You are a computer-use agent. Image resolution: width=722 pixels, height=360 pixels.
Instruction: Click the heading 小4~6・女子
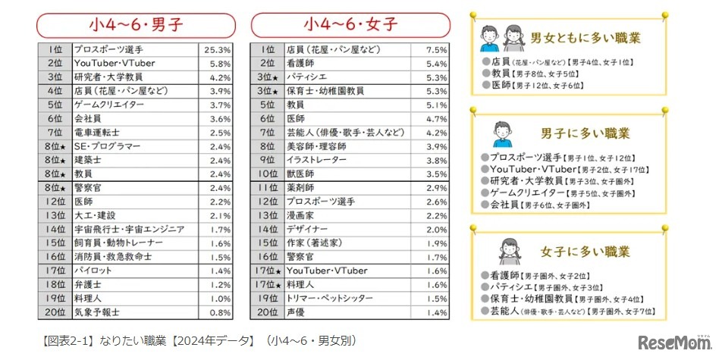tap(350, 24)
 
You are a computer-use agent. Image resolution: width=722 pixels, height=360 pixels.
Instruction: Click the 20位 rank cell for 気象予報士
tap(55, 311)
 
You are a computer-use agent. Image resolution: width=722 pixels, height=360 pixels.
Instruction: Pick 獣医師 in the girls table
tap(303, 174)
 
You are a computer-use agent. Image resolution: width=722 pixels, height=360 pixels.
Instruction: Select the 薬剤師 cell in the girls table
tap(303, 187)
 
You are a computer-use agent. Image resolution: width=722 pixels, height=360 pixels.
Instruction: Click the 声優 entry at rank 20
tap(297, 311)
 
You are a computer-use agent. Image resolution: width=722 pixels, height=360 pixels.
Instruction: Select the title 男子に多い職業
tap(585, 133)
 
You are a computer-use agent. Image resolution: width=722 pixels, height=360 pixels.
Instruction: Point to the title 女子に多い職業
tap(585, 251)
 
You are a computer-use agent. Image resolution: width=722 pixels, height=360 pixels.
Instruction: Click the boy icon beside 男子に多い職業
tap(501, 133)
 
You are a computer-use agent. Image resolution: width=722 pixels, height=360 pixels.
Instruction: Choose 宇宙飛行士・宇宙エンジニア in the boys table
tap(128, 229)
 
